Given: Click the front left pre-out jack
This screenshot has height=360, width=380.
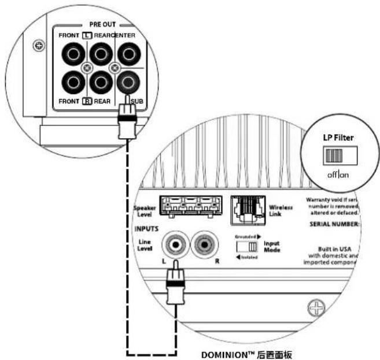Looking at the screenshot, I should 73,55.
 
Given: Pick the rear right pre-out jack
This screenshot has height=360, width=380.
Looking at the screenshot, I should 100,84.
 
